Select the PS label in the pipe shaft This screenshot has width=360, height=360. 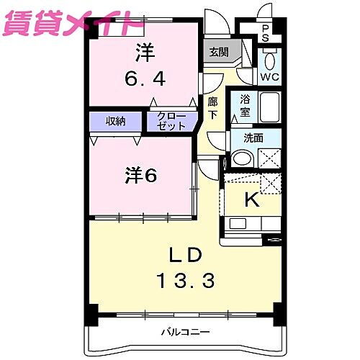coord(266,32)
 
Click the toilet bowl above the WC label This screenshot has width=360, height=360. coord(270,60)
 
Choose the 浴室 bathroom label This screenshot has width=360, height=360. coord(244,106)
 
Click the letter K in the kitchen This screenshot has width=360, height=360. coord(251,201)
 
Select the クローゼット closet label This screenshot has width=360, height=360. coord(171,121)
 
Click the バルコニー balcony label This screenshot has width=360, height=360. coord(184,332)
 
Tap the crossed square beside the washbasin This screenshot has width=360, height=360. coord(269,158)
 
